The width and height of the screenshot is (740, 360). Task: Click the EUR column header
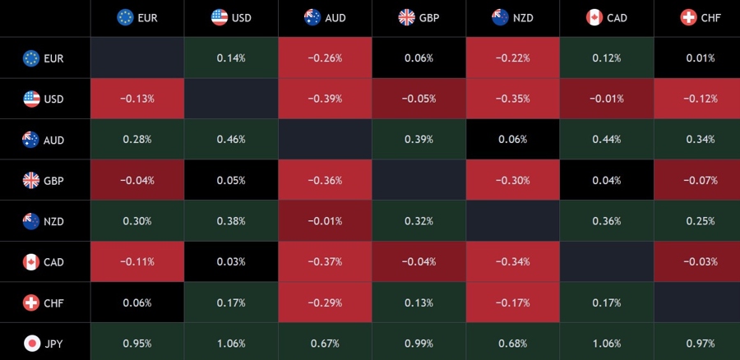(137, 17)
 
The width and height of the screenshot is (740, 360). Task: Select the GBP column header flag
(406, 17)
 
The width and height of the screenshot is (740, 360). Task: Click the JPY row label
(44, 343)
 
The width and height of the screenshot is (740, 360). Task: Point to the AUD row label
(44, 140)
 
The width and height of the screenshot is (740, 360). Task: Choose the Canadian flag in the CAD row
(31, 262)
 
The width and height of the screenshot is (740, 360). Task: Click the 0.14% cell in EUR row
(231, 58)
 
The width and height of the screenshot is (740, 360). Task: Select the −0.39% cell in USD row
(325, 99)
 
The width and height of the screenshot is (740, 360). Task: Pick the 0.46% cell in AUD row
(231, 140)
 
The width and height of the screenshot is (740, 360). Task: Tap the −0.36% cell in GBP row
(325, 180)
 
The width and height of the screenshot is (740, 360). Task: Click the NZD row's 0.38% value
(231, 221)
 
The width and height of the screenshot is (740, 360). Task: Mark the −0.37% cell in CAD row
(325, 262)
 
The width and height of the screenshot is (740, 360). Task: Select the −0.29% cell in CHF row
(325, 302)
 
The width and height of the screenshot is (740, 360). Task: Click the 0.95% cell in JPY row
(137, 343)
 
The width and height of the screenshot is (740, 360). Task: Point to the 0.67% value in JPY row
(325, 343)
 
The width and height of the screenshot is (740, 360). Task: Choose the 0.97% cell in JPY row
(700, 343)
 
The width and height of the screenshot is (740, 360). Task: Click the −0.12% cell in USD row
(700, 99)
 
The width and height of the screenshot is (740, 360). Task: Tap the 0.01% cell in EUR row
(700, 58)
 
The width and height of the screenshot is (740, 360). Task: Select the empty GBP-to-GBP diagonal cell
(419, 180)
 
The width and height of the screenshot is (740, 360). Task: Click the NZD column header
(512, 17)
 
